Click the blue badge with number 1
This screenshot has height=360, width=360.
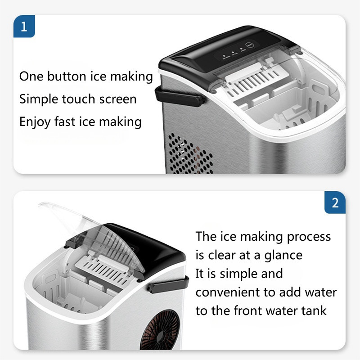point(24,26)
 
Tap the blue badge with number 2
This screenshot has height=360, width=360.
point(335,202)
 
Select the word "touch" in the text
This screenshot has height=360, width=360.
point(78,99)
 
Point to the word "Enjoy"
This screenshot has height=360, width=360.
point(35,122)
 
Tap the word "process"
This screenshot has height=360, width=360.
point(309,237)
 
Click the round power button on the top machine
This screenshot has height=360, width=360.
point(250,45)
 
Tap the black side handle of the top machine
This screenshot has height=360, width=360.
point(180,97)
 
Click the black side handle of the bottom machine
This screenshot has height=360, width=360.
point(169,284)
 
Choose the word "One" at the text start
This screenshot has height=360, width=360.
point(31,76)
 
